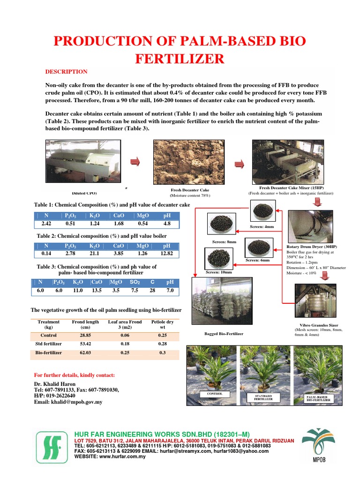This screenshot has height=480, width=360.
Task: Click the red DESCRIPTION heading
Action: (66, 72)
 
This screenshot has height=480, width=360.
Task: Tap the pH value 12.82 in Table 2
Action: (166, 254)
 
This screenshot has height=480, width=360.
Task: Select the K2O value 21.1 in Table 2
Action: (94, 254)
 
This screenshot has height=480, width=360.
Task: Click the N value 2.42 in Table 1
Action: (46, 224)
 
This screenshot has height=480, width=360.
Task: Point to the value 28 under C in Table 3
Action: (152, 291)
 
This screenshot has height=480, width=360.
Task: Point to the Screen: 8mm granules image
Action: (221, 224)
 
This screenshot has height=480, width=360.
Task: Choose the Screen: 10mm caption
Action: (219, 272)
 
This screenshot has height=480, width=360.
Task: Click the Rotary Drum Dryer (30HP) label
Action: (311, 247)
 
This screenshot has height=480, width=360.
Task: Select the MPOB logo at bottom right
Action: (318, 443)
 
